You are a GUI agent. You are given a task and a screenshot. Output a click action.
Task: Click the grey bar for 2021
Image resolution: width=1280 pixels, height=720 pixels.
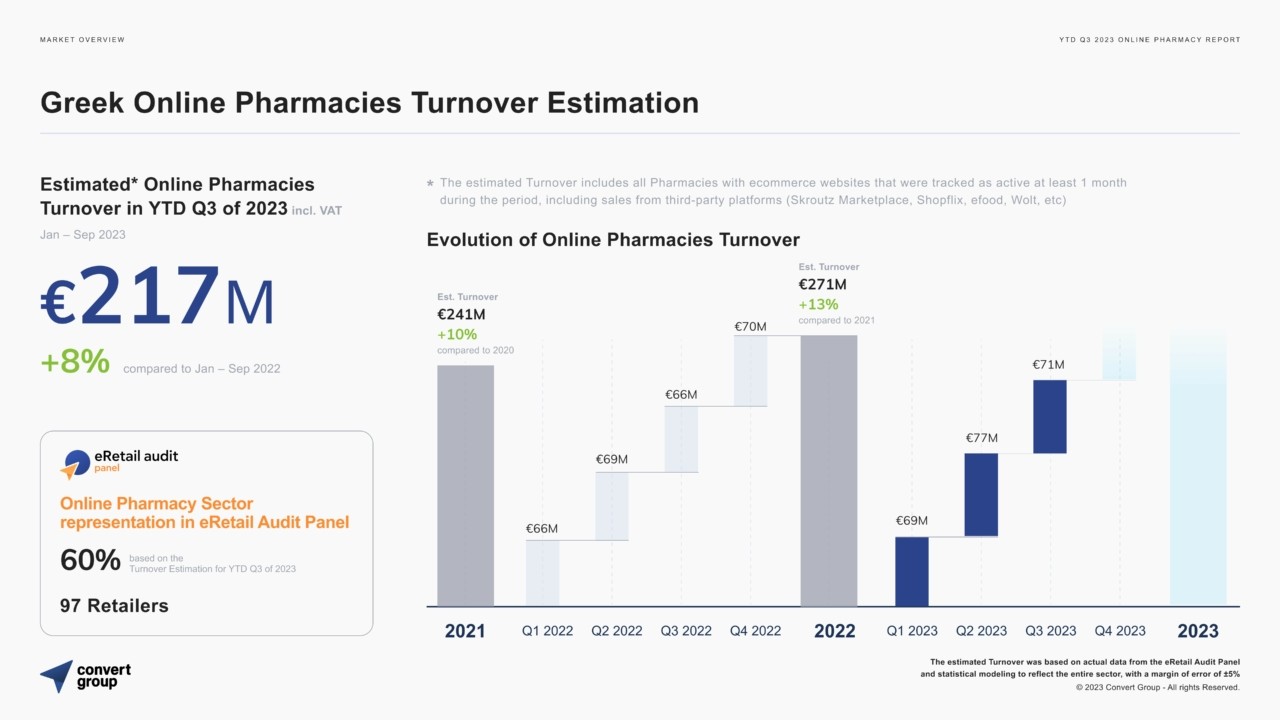pos(465,485)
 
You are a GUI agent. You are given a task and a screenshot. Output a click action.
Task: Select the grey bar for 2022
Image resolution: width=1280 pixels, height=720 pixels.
pos(828,470)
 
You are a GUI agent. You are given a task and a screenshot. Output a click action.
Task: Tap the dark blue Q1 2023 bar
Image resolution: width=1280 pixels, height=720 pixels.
pos(911,571)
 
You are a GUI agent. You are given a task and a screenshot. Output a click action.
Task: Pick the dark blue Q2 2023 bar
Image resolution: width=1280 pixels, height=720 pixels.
pos(981,495)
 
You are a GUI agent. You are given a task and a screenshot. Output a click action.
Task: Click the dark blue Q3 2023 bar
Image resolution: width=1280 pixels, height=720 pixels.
pos(1049,416)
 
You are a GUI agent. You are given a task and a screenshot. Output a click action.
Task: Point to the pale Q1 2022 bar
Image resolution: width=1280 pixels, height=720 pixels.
pos(542,573)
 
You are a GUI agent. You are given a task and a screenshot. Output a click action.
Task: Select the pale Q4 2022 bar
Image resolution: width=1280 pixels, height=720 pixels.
pos(750,370)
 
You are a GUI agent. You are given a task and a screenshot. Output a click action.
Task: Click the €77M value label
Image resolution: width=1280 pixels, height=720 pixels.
pos(981,438)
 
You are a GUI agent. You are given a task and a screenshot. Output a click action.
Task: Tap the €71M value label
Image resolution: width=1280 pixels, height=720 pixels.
pos(1049,365)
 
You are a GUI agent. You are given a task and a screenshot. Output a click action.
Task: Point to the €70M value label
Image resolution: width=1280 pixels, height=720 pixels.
pos(750,326)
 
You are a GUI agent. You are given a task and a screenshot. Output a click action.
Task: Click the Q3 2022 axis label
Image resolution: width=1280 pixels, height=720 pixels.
pos(686,631)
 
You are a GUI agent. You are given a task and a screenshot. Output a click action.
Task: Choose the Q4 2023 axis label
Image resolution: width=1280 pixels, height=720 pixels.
pos(1120,631)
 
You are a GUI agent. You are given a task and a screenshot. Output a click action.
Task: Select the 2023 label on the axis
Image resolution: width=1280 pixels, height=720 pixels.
pos(1198,631)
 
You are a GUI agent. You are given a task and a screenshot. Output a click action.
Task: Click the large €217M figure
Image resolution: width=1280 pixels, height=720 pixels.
pos(157,297)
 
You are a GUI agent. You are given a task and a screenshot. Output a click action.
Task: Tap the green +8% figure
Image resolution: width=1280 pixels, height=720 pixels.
pos(75,362)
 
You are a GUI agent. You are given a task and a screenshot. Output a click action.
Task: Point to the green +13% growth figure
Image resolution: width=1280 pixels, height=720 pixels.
pos(818,304)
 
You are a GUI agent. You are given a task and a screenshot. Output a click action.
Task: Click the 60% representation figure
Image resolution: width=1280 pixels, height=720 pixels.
pos(90,561)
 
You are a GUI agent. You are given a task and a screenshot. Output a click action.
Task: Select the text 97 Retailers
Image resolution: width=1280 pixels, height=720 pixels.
pos(114,605)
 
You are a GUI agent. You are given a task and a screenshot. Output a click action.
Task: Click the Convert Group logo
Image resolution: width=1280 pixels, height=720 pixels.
pos(85,676)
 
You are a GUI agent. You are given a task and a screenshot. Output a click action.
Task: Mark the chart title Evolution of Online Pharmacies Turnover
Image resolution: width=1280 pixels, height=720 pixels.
pos(613,239)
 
